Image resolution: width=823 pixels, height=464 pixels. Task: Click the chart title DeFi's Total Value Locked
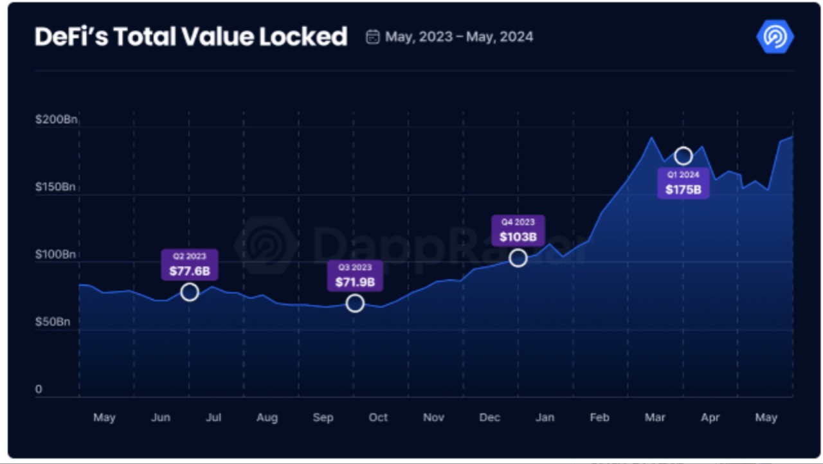click(x=191, y=37)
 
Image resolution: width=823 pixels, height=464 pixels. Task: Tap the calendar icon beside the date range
click(x=372, y=37)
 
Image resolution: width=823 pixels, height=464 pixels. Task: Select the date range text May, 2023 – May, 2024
click(x=459, y=37)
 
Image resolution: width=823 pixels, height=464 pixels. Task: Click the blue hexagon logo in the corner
click(x=775, y=36)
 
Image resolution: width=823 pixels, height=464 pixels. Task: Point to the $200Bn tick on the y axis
click(x=56, y=120)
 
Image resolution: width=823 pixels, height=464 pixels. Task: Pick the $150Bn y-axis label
click(x=56, y=187)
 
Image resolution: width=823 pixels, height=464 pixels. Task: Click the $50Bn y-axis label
click(x=53, y=321)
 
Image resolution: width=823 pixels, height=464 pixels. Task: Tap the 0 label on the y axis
click(x=39, y=389)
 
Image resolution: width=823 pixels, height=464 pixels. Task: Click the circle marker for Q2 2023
click(x=189, y=292)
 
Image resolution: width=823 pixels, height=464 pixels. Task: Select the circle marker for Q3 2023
click(x=355, y=303)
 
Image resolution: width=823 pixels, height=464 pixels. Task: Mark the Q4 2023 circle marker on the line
click(x=518, y=258)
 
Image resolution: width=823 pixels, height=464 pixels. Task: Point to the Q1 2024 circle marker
click(x=683, y=156)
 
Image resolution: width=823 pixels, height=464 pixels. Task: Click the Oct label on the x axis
click(x=378, y=418)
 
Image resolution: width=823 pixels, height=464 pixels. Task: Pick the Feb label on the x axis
click(x=599, y=418)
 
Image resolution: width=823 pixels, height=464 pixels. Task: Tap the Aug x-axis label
click(x=267, y=418)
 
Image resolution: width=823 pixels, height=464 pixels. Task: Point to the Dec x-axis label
click(x=489, y=418)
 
